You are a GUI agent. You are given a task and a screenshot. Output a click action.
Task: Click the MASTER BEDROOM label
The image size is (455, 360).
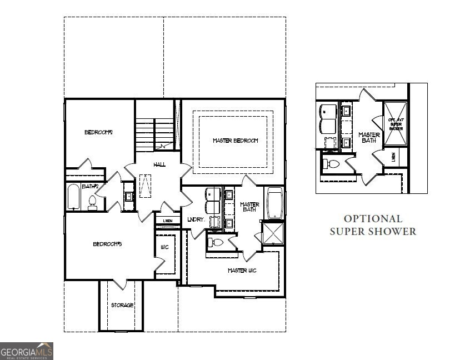(x=235, y=141)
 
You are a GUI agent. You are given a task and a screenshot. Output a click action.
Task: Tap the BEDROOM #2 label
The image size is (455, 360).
(x=98, y=132)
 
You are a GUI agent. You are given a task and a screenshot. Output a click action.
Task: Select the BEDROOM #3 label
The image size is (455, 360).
(x=107, y=244)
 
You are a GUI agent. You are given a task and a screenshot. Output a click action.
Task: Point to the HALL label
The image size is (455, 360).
(x=159, y=164)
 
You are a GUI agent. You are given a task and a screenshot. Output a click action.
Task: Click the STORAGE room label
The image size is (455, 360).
(x=122, y=306)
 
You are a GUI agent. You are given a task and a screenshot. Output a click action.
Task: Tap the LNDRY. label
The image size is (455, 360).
(x=197, y=219)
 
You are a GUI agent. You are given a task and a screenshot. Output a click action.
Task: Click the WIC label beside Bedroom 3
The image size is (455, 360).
(x=164, y=247)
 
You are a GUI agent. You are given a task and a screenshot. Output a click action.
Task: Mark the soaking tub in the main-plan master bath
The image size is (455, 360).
(x=275, y=203)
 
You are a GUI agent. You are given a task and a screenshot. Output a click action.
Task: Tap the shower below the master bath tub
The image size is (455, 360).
(x=273, y=233)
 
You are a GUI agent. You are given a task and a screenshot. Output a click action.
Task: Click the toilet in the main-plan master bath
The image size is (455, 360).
(x=216, y=242)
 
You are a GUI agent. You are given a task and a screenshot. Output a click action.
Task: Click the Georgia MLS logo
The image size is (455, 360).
(x=27, y=351)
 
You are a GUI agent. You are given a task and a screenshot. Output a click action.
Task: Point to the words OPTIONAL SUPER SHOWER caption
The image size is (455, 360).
(x=372, y=225)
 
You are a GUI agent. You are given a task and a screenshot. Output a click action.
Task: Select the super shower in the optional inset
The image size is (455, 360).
(x=396, y=124)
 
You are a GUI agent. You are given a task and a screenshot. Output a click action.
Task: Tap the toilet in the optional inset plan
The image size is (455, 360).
(x=332, y=164)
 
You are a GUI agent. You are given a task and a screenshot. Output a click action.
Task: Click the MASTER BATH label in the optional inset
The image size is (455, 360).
(x=369, y=138)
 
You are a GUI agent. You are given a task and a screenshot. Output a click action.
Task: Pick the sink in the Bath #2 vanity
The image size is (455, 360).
(x=129, y=196)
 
